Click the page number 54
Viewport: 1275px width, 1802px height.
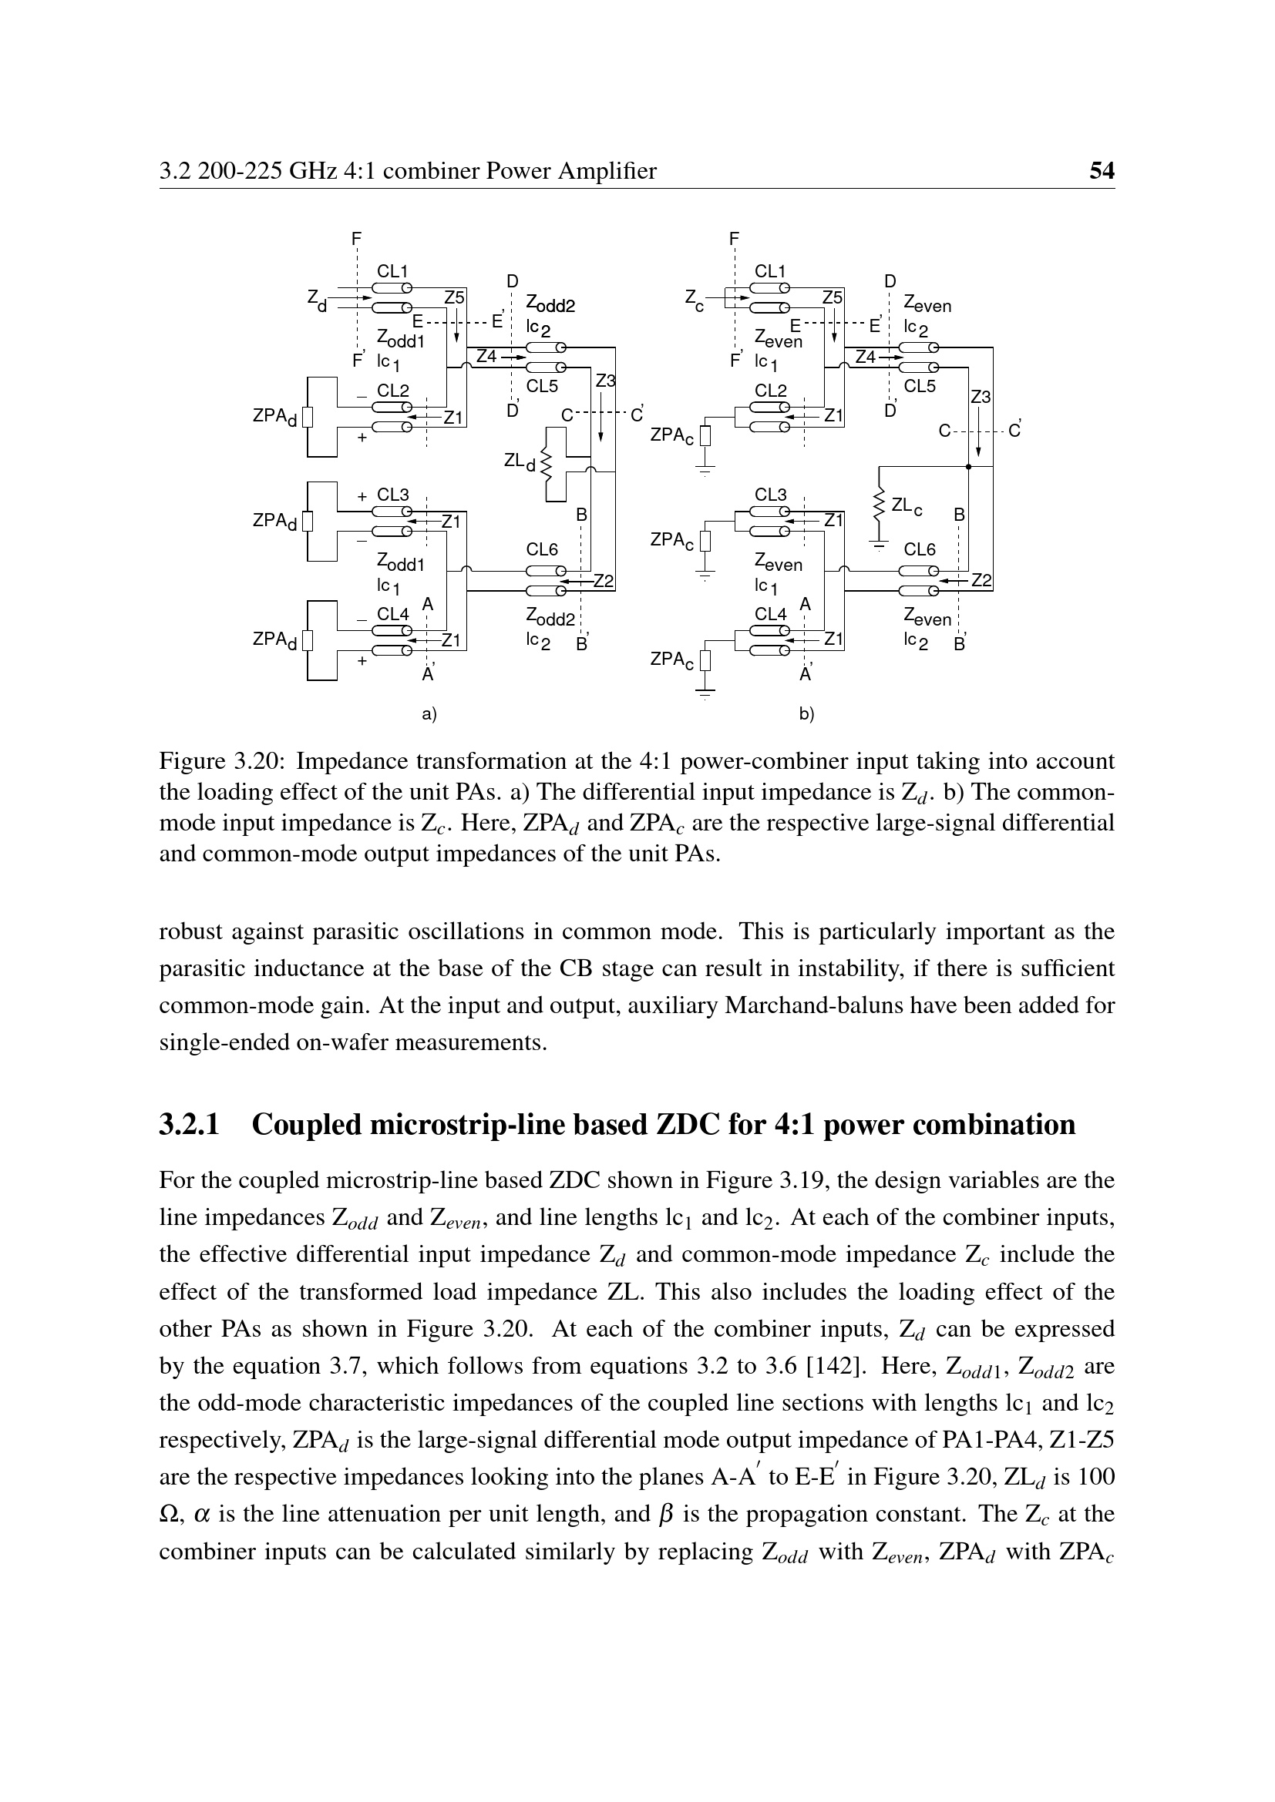click(x=1102, y=170)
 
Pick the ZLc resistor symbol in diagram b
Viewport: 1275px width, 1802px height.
click(x=880, y=506)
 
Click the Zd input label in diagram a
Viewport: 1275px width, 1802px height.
click(x=315, y=299)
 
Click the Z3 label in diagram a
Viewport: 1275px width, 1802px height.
click(x=605, y=381)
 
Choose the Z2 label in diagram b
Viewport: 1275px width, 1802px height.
click(x=982, y=581)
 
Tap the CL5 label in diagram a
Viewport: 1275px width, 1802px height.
click(x=542, y=386)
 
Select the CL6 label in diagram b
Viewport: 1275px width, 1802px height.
click(x=920, y=549)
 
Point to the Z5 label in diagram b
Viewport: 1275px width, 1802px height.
click(x=833, y=297)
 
